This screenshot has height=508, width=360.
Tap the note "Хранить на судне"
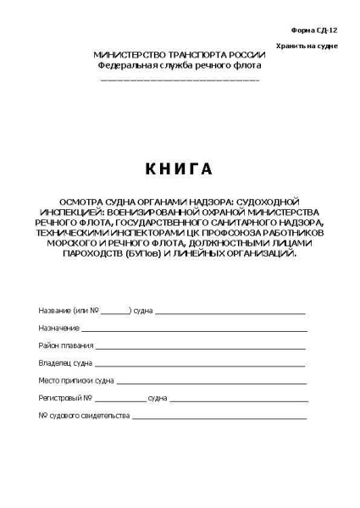point(306,45)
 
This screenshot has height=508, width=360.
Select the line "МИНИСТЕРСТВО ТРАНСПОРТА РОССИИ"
point(180,55)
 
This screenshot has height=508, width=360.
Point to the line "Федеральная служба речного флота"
point(180,64)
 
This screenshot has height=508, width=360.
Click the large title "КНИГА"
point(179,169)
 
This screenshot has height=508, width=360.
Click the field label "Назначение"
point(58,327)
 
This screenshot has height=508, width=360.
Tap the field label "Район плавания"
point(65,346)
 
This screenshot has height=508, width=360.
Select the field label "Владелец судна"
point(65,363)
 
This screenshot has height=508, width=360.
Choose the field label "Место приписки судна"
point(75,380)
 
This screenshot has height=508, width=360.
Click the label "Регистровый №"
point(65,397)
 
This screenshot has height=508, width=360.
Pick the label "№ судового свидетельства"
point(84,415)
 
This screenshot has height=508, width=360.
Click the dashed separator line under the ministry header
point(180,79)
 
